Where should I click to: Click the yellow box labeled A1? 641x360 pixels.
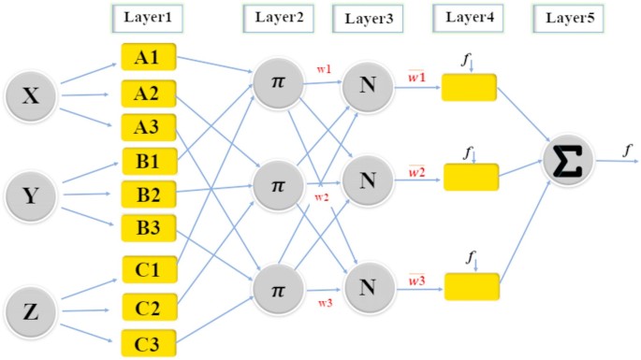(x=146, y=58)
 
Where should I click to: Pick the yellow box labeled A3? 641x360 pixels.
(x=146, y=126)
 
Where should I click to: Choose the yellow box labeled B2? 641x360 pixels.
(x=146, y=194)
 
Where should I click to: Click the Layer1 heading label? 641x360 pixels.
(x=146, y=17)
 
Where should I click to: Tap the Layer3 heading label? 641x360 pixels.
(x=367, y=18)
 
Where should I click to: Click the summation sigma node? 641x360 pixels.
(x=568, y=160)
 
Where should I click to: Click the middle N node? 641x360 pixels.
(x=367, y=180)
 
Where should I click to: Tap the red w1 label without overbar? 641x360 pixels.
(x=322, y=70)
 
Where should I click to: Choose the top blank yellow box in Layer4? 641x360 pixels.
(x=469, y=89)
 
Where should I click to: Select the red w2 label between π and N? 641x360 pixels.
(x=321, y=196)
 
